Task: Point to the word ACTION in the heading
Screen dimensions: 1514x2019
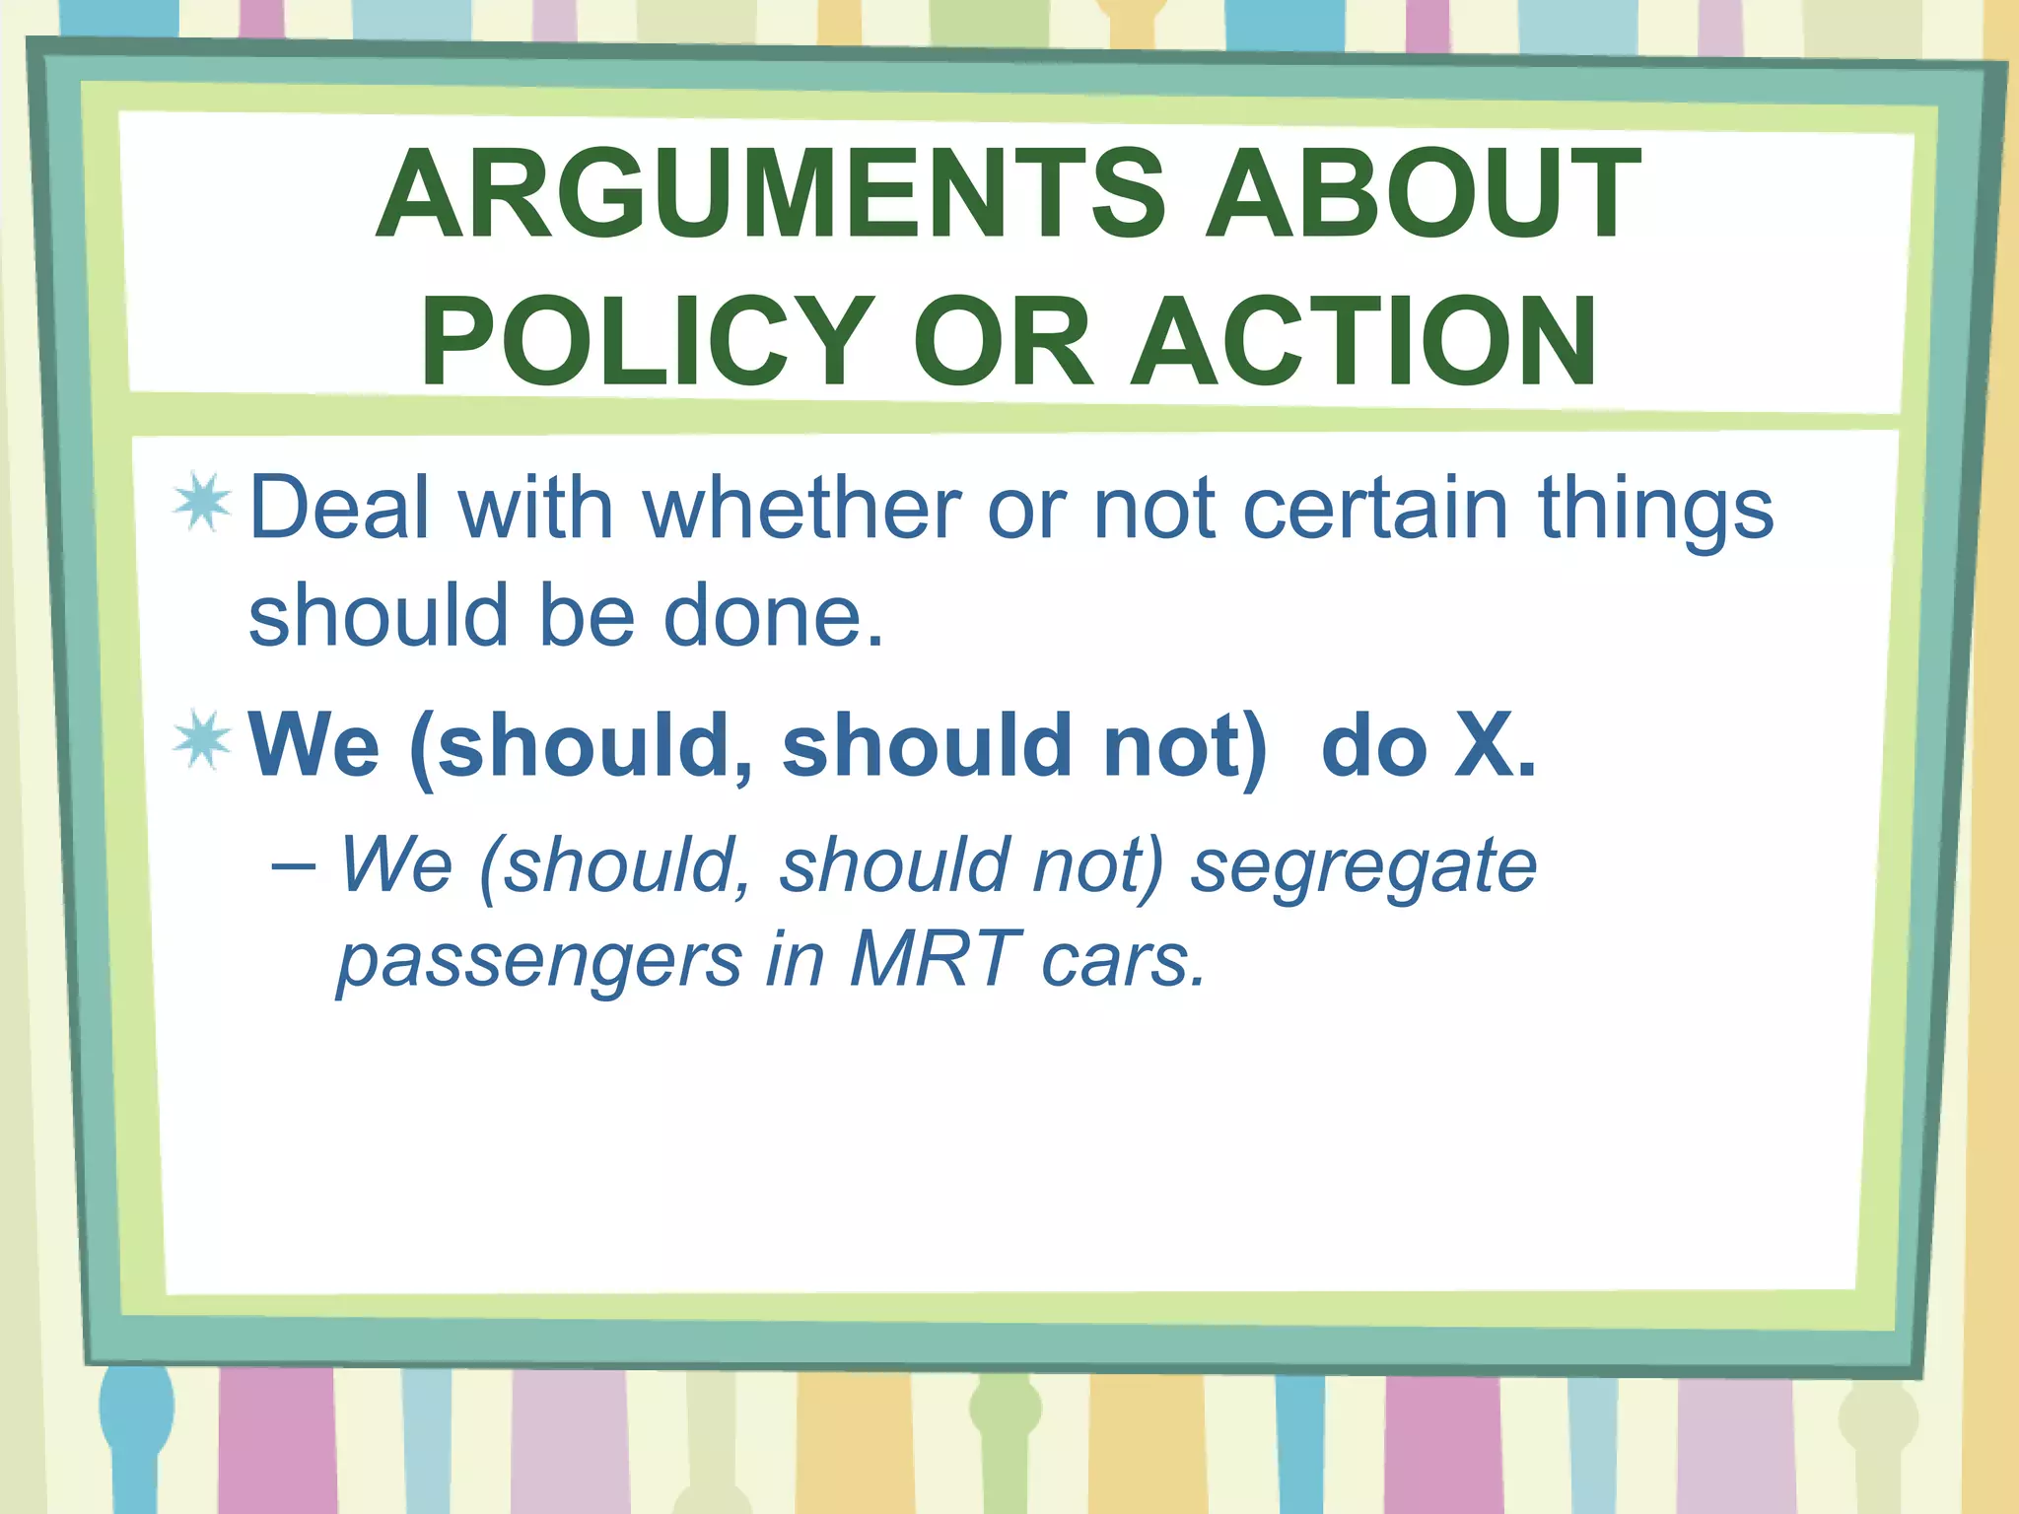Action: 1365,341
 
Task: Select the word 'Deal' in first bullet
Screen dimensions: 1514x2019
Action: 340,508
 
